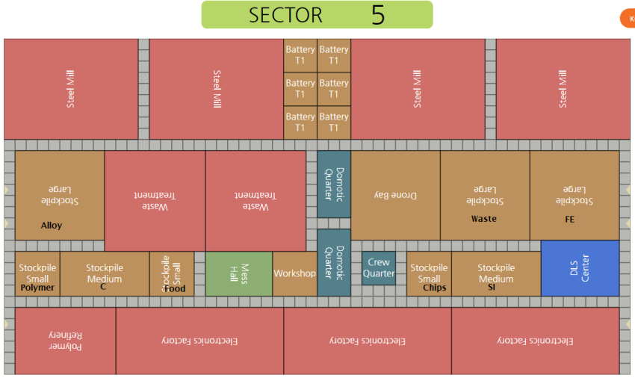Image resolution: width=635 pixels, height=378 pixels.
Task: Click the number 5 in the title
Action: [378, 15]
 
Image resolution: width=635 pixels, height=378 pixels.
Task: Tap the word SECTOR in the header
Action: [285, 15]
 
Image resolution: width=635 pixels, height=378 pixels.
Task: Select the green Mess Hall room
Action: [239, 273]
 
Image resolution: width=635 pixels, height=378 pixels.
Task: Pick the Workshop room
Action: [294, 273]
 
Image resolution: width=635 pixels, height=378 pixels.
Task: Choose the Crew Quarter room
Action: [379, 267]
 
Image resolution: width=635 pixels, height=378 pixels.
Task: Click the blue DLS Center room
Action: [580, 267]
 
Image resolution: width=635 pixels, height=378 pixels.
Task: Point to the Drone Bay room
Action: [395, 195]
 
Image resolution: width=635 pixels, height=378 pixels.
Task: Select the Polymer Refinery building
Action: [65, 341]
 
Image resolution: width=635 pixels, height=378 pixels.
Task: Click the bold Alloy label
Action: [52, 226]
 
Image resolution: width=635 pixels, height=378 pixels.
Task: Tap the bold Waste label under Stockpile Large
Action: [483, 219]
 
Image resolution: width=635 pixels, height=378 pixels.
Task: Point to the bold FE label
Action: [570, 220]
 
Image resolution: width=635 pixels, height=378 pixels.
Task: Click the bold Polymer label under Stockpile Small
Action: [37, 288]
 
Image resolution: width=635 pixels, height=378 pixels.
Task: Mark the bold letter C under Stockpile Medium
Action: [103, 287]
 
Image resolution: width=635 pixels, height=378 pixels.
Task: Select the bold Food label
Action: [175, 288]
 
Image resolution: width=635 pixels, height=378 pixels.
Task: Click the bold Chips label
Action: [434, 288]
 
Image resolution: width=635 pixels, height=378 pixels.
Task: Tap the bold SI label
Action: [492, 288]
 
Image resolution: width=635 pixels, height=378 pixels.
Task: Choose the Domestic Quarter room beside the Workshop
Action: [334, 262]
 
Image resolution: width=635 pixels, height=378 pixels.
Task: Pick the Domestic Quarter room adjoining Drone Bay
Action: [334, 184]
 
